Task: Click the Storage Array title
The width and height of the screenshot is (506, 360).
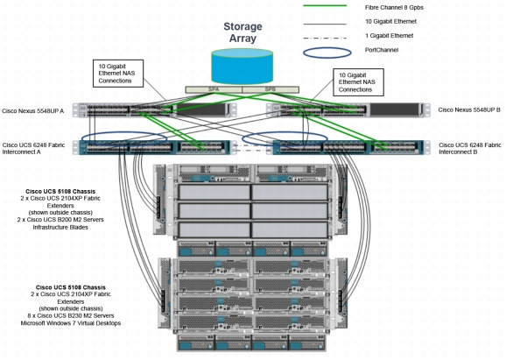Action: click(242, 32)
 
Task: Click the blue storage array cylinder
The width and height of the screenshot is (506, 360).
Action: click(242, 67)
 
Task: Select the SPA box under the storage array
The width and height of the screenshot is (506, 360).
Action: click(214, 89)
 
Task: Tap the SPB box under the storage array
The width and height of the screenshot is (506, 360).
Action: click(271, 89)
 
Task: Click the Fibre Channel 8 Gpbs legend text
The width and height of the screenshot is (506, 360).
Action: click(394, 7)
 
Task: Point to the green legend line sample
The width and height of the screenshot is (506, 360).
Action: click(325, 6)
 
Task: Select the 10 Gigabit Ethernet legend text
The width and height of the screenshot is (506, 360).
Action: click(390, 21)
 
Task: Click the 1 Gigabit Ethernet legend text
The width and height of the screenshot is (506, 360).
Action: click(390, 36)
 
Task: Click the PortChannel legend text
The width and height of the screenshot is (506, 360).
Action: click(382, 50)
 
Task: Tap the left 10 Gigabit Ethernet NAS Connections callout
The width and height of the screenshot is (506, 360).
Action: click(118, 74)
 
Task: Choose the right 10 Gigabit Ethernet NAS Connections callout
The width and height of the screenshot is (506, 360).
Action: click(359, 82)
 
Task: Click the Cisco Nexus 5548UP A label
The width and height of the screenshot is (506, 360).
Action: click(33, 111)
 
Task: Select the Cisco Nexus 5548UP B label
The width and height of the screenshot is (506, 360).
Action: click(469, 109)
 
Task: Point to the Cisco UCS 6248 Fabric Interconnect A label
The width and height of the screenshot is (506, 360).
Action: click(33, 148)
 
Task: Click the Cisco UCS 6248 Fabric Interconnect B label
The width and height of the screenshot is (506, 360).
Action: click(470, 148)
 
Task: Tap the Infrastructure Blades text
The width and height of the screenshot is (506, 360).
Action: click(60, 227)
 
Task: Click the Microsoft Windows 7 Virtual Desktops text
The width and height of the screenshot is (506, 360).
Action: click(71, 323)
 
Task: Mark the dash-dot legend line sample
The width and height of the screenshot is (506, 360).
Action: click(325, 38)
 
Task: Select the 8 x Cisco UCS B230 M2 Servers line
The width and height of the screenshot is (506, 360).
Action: click(71, 315)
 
